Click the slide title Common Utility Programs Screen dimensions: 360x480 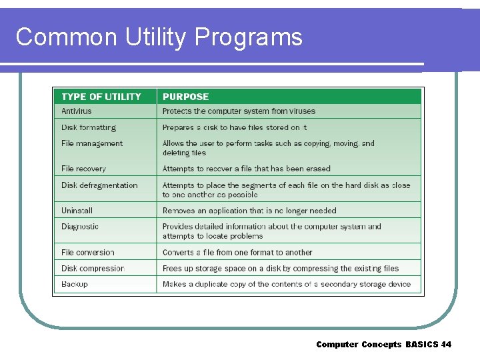(x=159, y=37)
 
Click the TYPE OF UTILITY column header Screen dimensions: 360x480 (x=101, y=97)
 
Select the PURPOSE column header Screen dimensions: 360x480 (x=185, y=97)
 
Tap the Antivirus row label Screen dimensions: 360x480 (x=77, y=111)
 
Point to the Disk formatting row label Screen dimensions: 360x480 (x=89, y=127)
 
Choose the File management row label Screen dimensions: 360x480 (x=92, y=143)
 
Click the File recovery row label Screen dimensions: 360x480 (x=83, y=169)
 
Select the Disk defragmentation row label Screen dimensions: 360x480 (x=99, y=185)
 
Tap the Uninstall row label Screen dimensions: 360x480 (x=77, y=211)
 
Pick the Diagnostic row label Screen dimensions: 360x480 (x=80, y=227)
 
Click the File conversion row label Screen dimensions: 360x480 (x=88, y=253)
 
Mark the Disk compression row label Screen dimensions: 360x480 (x=93, y=269)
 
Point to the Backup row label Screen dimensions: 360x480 (x=75, y=285)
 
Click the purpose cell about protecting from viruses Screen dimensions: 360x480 (x=239, y=111)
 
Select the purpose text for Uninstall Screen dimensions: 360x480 (x=249, y=211)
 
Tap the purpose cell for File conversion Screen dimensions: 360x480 (x=237, y=253)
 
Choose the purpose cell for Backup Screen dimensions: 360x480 (x=287, y=285)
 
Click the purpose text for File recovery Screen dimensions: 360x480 (x=247, y=169)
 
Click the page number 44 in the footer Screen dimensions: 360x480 (x=446, y=345)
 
